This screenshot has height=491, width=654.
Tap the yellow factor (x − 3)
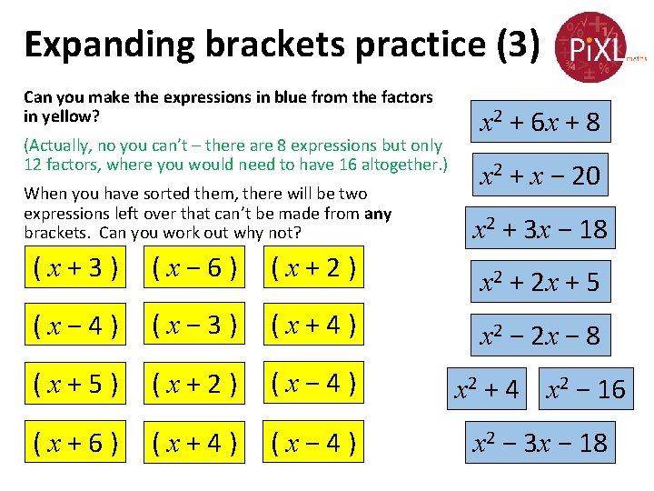tap(193, 326)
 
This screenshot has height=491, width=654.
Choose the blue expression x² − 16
tap(585, 389)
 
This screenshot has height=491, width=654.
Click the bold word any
tap(377, 214)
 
